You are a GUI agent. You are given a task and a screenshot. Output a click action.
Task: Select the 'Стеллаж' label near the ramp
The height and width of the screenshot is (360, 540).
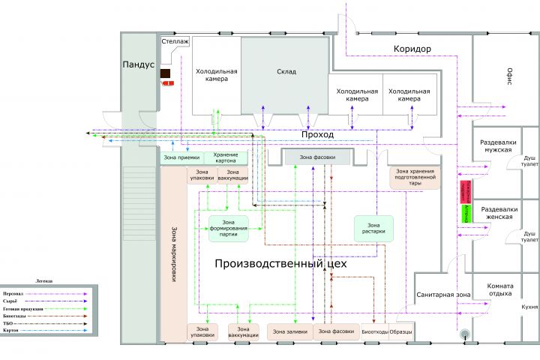click(175, 44)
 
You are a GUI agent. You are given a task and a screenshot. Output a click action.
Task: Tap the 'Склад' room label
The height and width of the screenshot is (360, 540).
click(286, 72)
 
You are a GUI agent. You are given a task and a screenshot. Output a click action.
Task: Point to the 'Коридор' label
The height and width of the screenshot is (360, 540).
click(412, 49)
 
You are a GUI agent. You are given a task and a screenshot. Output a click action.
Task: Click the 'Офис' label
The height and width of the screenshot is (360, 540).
click(508, 76)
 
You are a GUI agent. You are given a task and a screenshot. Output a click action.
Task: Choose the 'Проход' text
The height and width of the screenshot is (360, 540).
click(317, 134)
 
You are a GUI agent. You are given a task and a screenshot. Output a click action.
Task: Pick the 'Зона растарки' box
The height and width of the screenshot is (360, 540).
click(373, 228)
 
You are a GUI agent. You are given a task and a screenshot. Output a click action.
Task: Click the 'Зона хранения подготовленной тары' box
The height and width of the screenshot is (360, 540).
click(415, 178)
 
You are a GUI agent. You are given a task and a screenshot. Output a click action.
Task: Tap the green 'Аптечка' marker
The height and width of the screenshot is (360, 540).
click(466, 213)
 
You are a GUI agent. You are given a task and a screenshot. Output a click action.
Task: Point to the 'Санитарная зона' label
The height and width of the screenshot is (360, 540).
click(443, 295)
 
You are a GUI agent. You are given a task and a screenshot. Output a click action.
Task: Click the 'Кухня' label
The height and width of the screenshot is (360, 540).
click(530, 307)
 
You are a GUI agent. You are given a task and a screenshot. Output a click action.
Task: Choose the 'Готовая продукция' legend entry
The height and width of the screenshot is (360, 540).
click(22, 309)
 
